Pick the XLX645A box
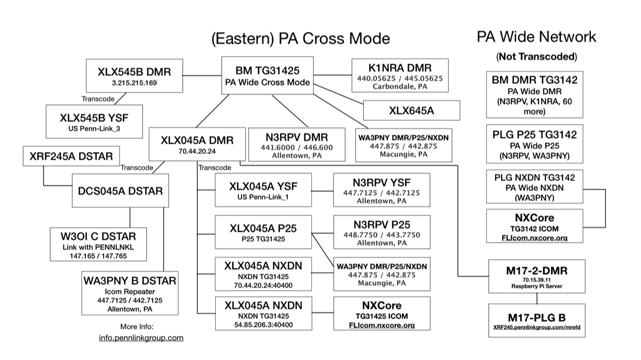point(411,110)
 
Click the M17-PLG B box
point(536,320)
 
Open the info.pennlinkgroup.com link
point(141,338)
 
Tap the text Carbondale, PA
point(400,87)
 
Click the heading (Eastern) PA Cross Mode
point(300,38)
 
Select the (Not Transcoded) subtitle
point(536,56)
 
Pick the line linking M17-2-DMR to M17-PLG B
point(536,298)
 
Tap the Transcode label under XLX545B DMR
point(99,98)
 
